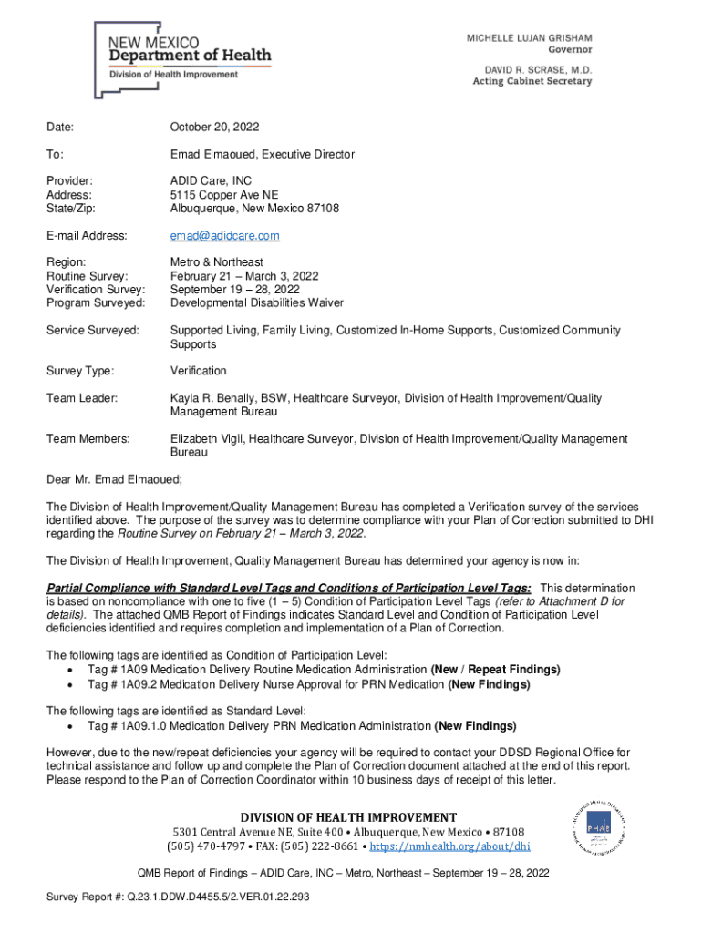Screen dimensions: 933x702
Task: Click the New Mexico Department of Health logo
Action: (182, 59)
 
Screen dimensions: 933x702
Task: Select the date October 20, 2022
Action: (214, 128)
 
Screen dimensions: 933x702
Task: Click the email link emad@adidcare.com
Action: (224, 235)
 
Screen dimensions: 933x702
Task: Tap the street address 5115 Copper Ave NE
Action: (224, 195)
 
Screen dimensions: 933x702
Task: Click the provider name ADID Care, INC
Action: (211, 181)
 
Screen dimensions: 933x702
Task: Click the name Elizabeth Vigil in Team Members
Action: (206, 439)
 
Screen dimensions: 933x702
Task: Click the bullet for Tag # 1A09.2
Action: (71, 684)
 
